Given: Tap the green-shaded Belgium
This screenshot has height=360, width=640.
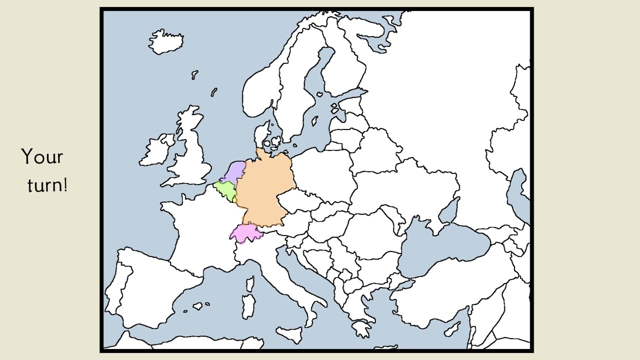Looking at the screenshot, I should pyautogui.click(x=225, y=189).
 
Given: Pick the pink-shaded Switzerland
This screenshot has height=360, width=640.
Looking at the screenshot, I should pyautogui.click(x=245, y=233).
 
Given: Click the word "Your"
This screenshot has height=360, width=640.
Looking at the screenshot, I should pyautogui.click(x=42, y=157).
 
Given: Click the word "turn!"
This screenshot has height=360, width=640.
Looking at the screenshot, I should pyautogui.click(x=47, y=185).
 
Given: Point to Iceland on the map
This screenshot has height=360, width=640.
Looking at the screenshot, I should pyautogui.click(x=166, y=41).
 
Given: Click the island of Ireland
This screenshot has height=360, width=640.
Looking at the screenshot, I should pyautogui.click(x=156, y=150).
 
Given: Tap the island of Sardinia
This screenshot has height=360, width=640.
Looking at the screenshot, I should pyautogui.click(x=248, y=304).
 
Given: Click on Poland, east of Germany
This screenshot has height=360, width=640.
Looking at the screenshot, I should pyautogui.click(x=322, y=172).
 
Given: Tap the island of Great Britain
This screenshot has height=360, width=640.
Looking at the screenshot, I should pyautogui.click(x=192, y=150).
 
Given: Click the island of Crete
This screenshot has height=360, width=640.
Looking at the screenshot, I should pyautogui.click(x=361, y=328).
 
